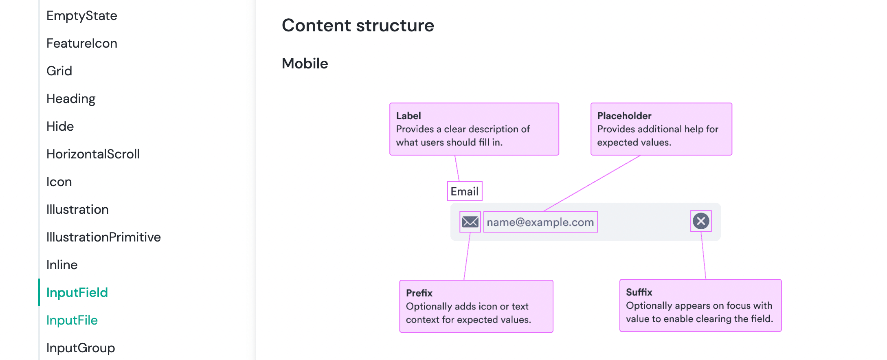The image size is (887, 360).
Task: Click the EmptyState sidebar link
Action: (x=81, y=16)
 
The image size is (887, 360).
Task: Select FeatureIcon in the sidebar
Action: (x=81, y=44)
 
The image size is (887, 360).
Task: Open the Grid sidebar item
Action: (x=59, y=71)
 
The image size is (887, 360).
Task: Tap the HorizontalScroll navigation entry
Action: (x=93, y=154)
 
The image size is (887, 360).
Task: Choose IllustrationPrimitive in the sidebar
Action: (x=103, y=237)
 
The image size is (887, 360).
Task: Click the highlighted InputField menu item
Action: (x=77, y=293)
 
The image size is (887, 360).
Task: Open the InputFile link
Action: (x=72, y=320)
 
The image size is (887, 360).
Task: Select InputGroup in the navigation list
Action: (x=81, y=348)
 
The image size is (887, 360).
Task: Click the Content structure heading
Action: (x=358, y=26)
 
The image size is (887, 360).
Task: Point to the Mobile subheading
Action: (x=305, y=64)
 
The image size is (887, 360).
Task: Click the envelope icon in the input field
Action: (x=470, y=222)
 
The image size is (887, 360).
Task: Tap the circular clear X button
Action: (x=701, y=221)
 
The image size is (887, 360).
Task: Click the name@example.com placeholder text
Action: (x=540, y=222)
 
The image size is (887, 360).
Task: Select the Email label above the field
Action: (x=464, y=191)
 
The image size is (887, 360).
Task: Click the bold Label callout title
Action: (x=408, y=116)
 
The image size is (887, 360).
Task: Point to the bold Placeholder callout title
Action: (x=624, y=116)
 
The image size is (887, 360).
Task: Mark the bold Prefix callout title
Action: (x=419, y=293)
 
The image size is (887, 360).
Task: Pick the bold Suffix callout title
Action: (x=639, y=292)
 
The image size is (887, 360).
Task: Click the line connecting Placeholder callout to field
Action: (x=592, y=183)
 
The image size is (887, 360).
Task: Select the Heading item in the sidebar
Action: (x=71, y=99)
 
